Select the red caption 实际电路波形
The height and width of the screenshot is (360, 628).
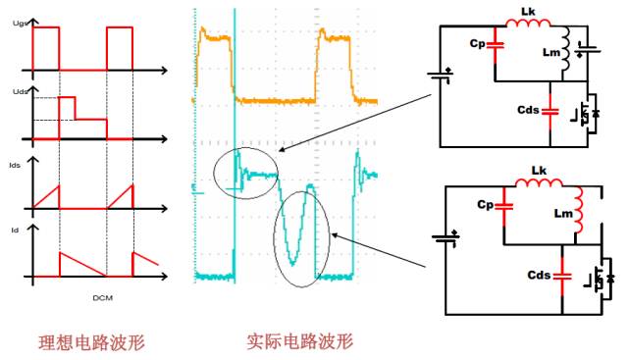[x=299, y=342]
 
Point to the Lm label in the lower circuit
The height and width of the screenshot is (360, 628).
[x=561, y=214]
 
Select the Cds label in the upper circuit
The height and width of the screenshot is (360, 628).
[x=533, y=110]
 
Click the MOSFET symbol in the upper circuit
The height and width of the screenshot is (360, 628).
[x=590, y=115]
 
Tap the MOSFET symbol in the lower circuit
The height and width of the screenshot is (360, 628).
[x=599, y=279]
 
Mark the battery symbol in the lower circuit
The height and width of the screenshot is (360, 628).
[x=447, y=236]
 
